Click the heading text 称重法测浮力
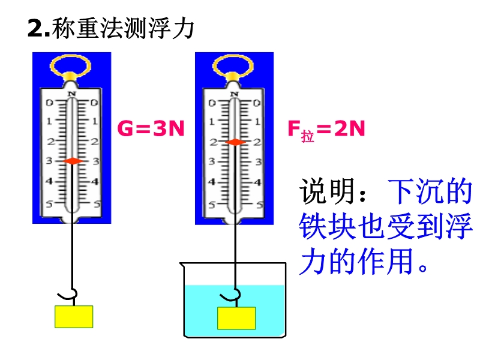(123, 28)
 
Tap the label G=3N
(150, 128)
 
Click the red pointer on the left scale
(72, 161)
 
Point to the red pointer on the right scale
(235, 142)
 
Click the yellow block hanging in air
(74, 316)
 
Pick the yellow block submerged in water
(236, 318)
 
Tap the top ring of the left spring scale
(72, 64)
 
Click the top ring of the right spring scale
(235, 64)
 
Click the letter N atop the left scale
(72, 94)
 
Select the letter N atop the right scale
(235, 94)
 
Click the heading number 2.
(34, 29)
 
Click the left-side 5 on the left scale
(50, 204)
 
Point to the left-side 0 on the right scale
(212, 103)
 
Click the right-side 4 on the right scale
(258, 182)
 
